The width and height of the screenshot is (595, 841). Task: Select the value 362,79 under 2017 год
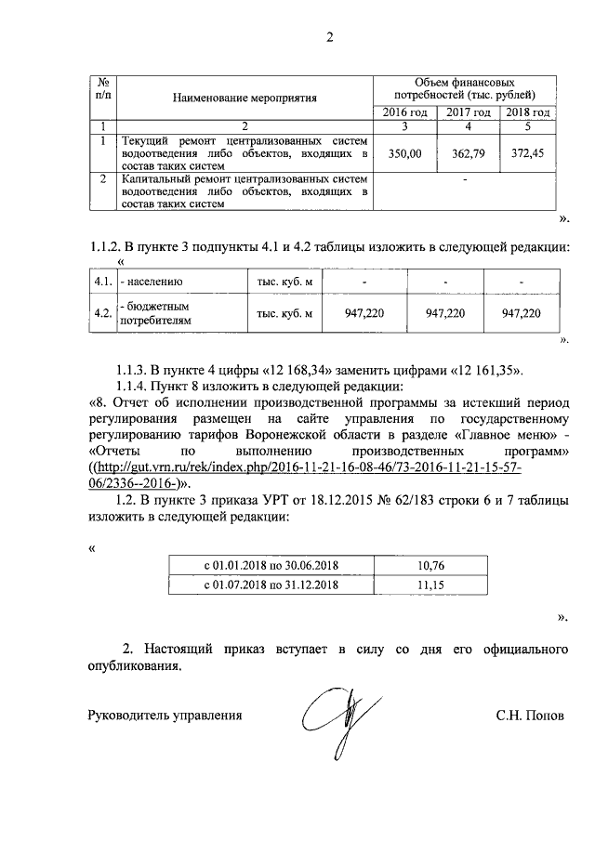coord(469,153)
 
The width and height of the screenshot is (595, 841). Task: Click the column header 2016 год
coord(406,112)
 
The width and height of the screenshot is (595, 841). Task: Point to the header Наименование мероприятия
coord(245,96)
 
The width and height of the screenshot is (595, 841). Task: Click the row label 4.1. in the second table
coord(102,281)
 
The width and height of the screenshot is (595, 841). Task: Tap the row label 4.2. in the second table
coord(102,313)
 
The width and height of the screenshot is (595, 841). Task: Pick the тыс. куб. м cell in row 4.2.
coord(284,313)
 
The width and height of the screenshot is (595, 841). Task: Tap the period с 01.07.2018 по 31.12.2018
coord(270,586)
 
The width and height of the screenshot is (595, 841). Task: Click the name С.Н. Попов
coord(529,716)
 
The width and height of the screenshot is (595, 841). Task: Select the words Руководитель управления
coord(165,716)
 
